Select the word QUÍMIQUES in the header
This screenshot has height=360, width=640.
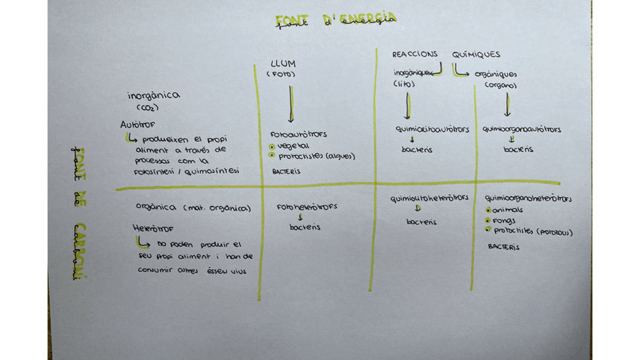[475, 54]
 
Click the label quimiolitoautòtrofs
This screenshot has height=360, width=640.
[423, 129]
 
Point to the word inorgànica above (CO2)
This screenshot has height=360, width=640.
[153, 96]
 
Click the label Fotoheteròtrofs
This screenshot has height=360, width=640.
[307, 206]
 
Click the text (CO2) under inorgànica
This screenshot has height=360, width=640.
[147, 109]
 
